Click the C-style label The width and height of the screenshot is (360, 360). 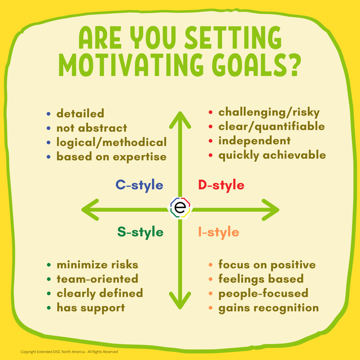pyautogui.click(x=139, y=185)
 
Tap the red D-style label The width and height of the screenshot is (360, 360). pyautogui.click(x=221, y=185)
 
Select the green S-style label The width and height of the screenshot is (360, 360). pyautogui.click(x=140, y=232)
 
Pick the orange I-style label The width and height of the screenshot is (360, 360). pyautogui.click(x=219, y=232)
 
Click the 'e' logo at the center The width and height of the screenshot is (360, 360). pyautogui.click(x=180, y=208)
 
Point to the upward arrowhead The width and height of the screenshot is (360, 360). pyautogui.click(x=180, y=120)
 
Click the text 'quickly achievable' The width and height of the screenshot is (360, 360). pyautogui.click(x=272, y=155)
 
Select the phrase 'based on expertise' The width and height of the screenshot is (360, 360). pyautogui.click(x=111, y=157)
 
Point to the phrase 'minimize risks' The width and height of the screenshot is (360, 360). pyautogui.click(x=97, y=265)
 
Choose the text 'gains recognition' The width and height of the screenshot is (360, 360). pyautogui.click(x=269, y=308)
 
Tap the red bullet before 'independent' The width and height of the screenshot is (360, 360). pyautogui.click(x=210, y=141)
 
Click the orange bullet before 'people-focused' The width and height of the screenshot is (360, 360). pyautogui.click(x=210, y=294)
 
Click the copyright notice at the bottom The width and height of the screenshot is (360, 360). pyautogui.click(x=69, y=352)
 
